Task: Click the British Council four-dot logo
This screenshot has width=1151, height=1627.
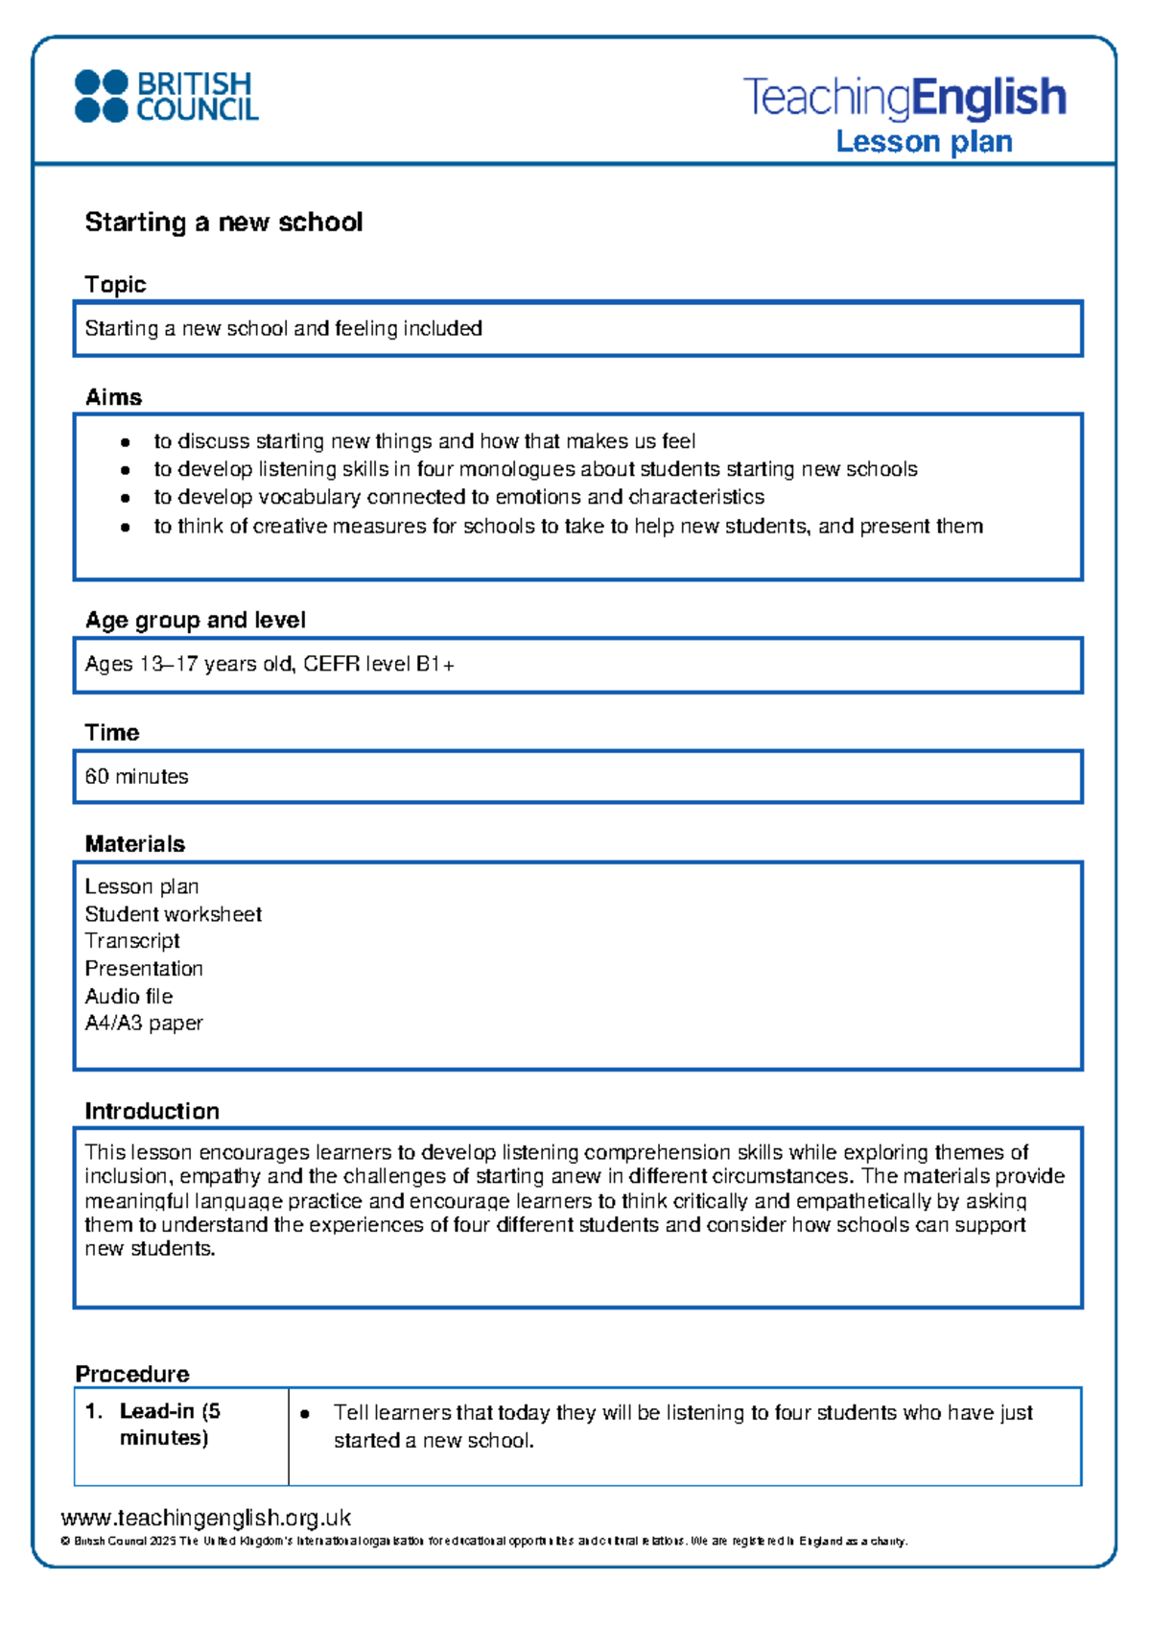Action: pyautogui.click(x=101, y=96)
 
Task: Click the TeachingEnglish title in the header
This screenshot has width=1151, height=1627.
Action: pyautogui.click(x=904, y=97)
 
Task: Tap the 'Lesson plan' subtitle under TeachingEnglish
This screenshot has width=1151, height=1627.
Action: pyautogui.click(x=924, y=142)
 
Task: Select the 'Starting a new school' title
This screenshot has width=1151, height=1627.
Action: pyautogui.click(x=223, y=223)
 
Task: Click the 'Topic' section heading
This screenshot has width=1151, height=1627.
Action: pyautogui.click(x=115, y=285)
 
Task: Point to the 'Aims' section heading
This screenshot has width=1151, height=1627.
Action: pyautogui.click(x=113, y=397)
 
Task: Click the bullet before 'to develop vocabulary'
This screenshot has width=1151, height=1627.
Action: pyautogui.click(x=125, y=498)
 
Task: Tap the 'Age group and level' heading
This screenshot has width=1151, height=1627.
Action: pyautogui.click(x=195, y=621)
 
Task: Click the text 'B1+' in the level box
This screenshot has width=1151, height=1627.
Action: pyautogui.click(x=435, y=664)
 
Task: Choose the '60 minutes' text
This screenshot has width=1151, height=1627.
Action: pyautogui.click(x=136, y=777)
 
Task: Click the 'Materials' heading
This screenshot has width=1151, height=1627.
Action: pyautogui.click(x=134, y=844)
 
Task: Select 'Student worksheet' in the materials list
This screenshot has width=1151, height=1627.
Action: pyautogui.click(x=173, y=914)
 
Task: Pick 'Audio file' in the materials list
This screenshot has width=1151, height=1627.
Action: pyautogui.click(x=129, y=997)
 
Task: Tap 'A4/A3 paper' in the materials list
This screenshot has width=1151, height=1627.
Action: pyautogui.click(x=144, y=1024)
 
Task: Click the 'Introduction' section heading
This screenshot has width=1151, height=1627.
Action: pyautogui.click(x=152, y=1112)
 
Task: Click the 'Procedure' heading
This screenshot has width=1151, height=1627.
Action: pyautogui.click(x=132, y=1375)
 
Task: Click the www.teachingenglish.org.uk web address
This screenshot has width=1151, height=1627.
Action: pyautogui.click(x=205, y=1519)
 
